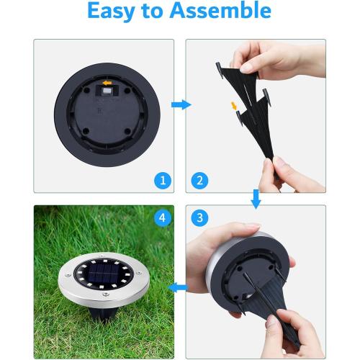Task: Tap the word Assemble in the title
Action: tap(224, 12)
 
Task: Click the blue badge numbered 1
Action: tap(163, 180)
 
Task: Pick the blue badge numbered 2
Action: tap(198, 180)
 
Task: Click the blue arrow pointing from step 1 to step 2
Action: tap(181, 105)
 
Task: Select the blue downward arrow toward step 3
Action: tap(256, 198)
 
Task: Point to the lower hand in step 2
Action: tap(292, 173)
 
